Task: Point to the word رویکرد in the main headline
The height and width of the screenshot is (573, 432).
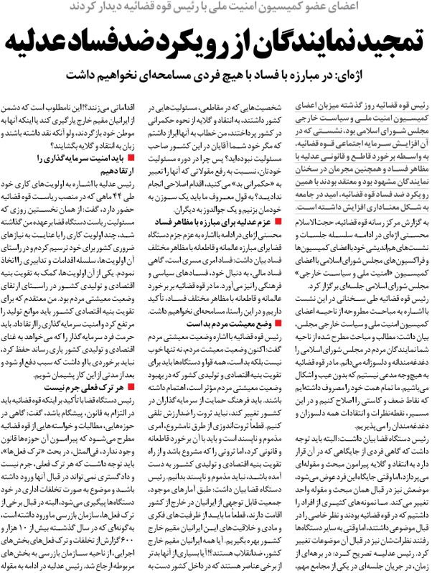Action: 182,42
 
